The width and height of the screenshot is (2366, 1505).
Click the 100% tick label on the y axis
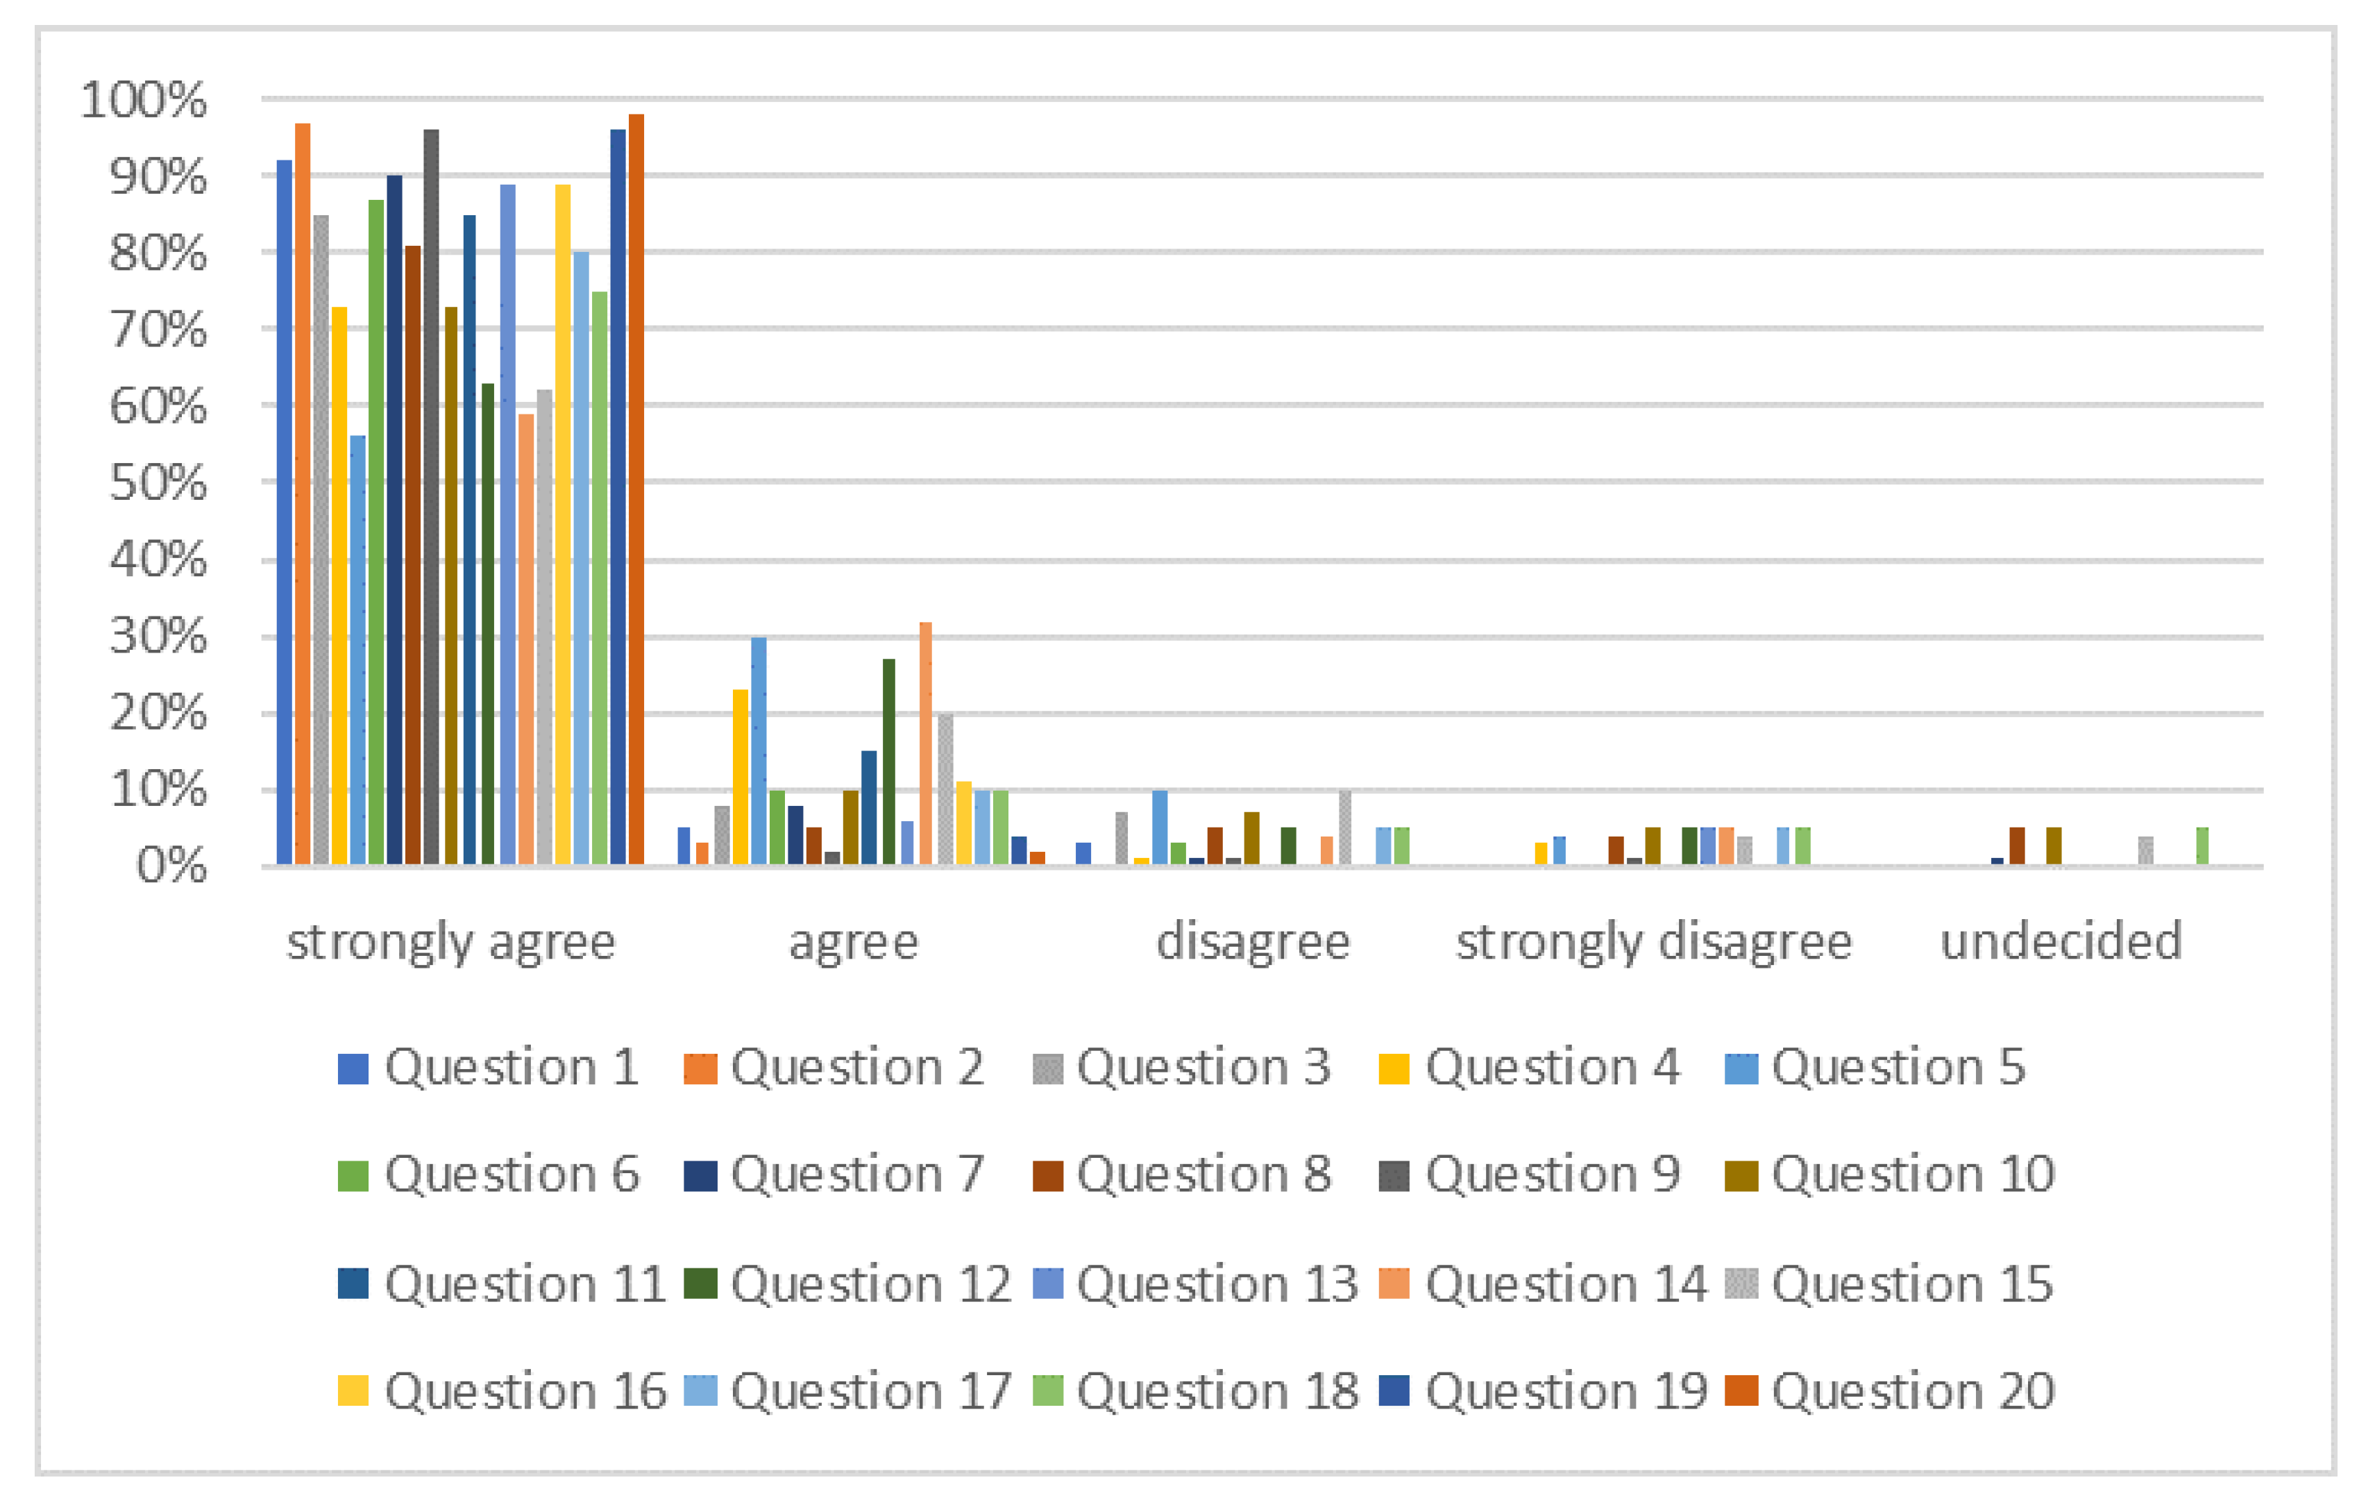pyautogui.click(x=144, y=100)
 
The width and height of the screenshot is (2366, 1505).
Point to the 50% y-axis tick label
pyautogui.click(x=158, y=482)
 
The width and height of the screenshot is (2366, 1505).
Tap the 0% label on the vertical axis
pyautogui.click(x=172, y=866)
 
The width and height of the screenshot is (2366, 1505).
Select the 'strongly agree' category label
pyautogui.click(x=451, y=943)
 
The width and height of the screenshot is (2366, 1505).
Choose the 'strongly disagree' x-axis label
pyautogui.click(x=1654, y=943)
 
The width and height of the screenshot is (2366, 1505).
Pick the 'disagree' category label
pyautogui.click(x=1253, y=943)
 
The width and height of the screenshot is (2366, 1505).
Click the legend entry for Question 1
pyautogui.click(x=489, y=1068)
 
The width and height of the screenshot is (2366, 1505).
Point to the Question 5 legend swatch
pyautogui.click(x=1741, y=1068)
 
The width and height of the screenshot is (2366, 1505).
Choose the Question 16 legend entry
pyautogui.click(x=502, y=1391)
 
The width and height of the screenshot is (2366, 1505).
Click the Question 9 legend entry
pyautogui.click(x=1530, y=1175)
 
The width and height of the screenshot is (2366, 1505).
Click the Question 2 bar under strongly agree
pyautogui.click(x=303, y=494)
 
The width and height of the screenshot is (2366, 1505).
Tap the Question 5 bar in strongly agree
pyautogui.click(x=357, y=650)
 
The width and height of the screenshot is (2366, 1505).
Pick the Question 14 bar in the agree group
pyautogui.click(x=926, y=744)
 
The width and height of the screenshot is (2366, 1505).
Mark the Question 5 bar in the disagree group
pyautogui.click(x=1160, y=827)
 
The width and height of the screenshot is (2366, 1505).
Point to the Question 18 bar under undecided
pyautogui.click(x=2202, y=846)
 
